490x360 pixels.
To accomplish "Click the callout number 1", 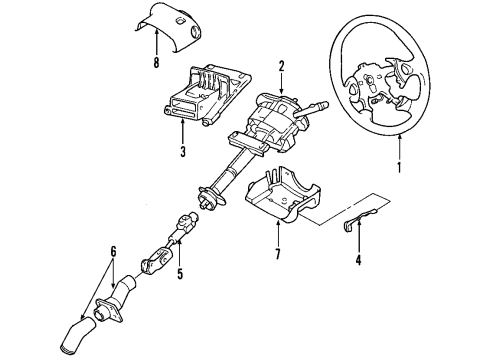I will pos(399,167).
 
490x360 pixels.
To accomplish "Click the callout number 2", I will pos(282,66).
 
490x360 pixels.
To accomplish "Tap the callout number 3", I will pos(181,152).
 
